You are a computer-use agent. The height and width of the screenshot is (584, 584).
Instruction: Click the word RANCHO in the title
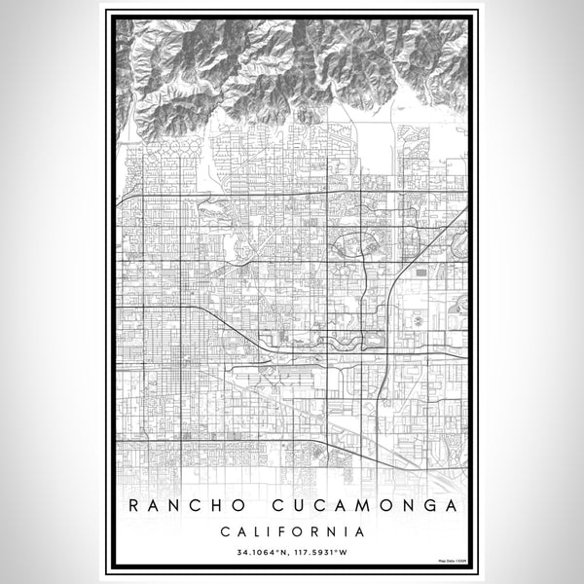pos(181,506)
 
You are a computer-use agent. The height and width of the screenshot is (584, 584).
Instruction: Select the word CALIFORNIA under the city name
pos(292,532)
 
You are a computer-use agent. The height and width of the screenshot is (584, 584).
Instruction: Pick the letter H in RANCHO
pos(212,506)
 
